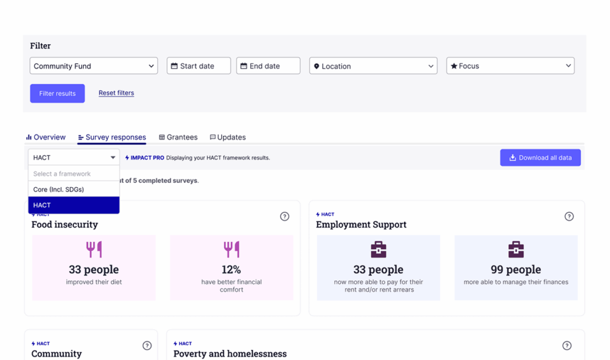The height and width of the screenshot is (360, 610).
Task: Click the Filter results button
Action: click(x=57, y=94)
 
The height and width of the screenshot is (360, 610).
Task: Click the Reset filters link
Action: click(x=116, y=93)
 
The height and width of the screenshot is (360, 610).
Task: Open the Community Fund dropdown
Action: click(x=94, y=66)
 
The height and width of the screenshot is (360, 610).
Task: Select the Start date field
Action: click(x=199, y=66)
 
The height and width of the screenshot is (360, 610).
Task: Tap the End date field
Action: click(x=268, y=66)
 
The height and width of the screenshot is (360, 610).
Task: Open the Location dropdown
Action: click(x=373, y=66)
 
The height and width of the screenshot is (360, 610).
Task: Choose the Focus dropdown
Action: click(x=511, y=66)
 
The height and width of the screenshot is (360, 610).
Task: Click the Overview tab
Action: click(x=46, y=137)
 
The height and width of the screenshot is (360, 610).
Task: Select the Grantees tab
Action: click(x=178, y=137)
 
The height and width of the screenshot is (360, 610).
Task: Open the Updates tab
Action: click(x=228, y=137)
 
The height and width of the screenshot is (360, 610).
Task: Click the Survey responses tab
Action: click(x=111, y=137)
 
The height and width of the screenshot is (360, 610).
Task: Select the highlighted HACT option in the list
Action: click(x=74, y=205)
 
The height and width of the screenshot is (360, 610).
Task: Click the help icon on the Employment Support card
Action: click(x=569, y=216)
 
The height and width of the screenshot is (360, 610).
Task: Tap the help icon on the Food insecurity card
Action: click(x=285, y=216)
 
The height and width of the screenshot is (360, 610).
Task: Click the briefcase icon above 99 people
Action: click(x=516, y=250)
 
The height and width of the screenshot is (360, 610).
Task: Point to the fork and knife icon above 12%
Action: click(x=232, y=250)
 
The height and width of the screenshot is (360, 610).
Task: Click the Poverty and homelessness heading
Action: click(x=230, y=353)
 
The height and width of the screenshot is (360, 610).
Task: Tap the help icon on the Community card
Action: click(x=147, y=346)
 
